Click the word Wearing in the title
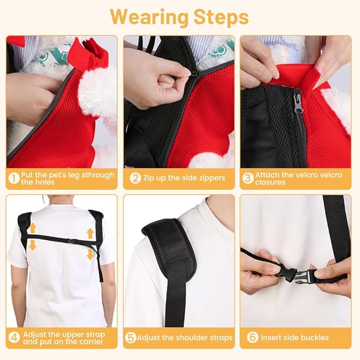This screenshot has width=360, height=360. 150,17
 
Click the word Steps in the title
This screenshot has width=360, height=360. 221,17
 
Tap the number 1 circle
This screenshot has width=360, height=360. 14,178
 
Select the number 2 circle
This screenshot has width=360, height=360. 135,178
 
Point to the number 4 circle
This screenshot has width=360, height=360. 14,338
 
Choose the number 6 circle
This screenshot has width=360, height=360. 252,337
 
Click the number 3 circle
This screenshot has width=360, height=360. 248,178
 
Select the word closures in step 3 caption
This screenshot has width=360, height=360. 270,182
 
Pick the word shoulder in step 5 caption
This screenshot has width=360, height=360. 194,338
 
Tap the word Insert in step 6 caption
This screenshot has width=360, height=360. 271,338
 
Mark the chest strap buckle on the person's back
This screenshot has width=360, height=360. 72,241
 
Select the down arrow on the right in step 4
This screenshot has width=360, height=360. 90,254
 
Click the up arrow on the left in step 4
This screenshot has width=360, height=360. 33,228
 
